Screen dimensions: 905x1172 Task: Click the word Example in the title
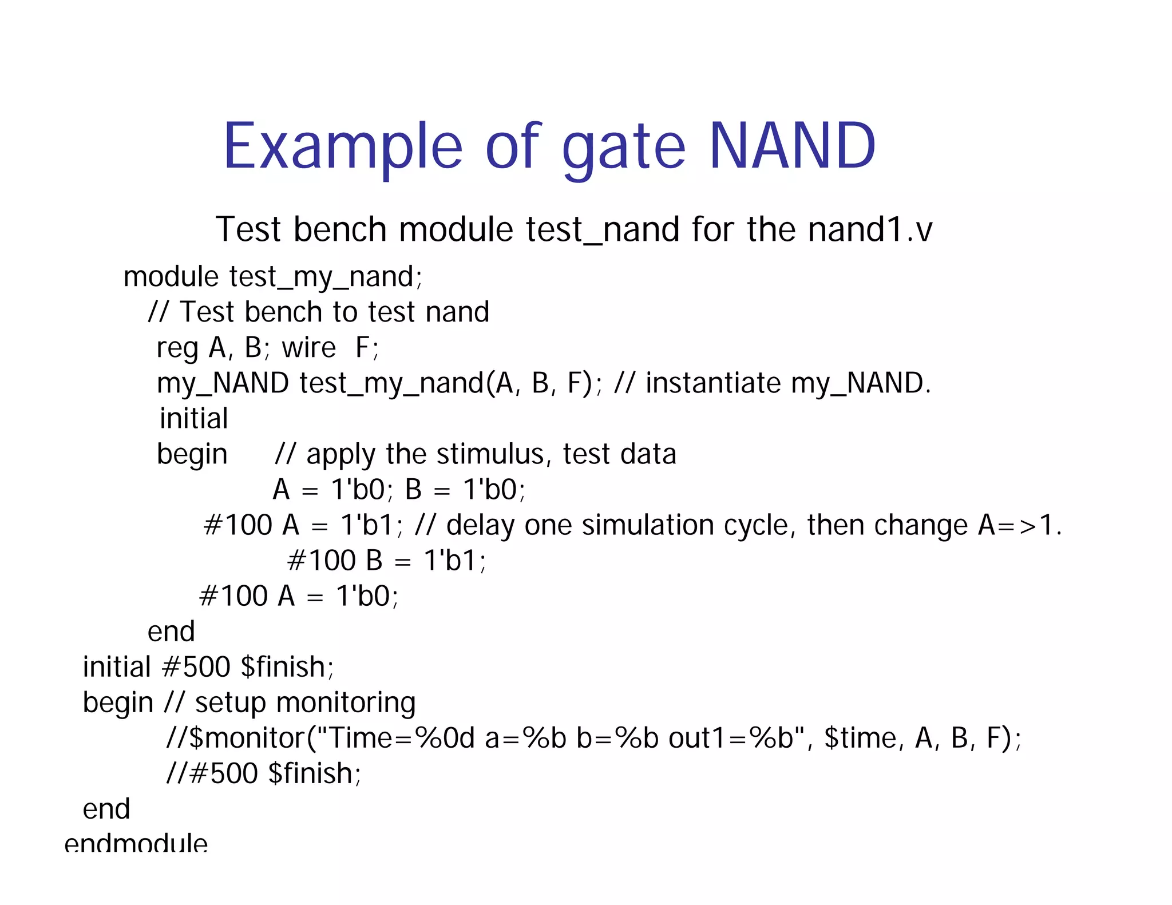342,148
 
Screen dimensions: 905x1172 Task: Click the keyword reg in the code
177,348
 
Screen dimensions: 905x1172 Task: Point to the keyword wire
309,348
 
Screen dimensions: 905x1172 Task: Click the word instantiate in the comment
712,383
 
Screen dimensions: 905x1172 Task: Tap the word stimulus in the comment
489,454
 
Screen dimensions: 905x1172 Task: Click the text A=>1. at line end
1019,525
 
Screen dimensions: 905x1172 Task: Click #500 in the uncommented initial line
196,667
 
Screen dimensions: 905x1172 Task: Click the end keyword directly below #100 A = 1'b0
171,632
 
